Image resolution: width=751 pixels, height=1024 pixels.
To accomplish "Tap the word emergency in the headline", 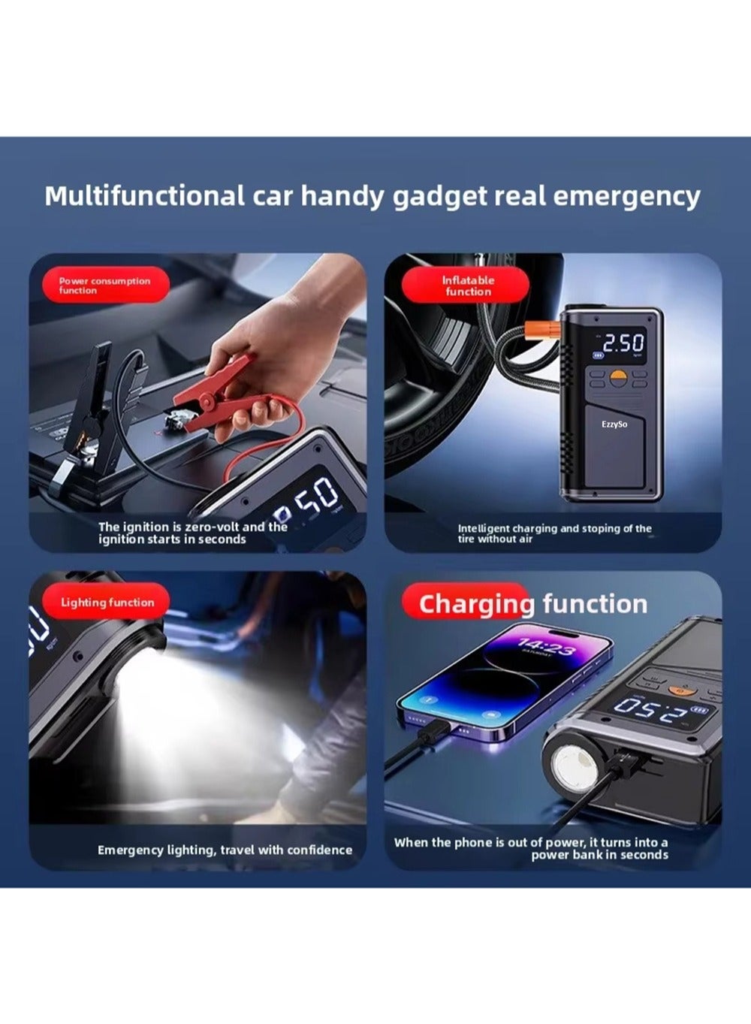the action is coord(626,198).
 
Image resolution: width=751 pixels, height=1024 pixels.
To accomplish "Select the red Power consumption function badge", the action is coord(106,285).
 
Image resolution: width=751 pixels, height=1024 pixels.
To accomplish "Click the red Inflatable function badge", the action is coord(466,285).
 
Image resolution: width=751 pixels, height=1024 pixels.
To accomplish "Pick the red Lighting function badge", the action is coord(106,602).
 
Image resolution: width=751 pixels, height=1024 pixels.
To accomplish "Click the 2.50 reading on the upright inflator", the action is coord(623,343).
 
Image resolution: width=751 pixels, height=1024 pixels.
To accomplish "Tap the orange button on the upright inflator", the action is coord(618,376).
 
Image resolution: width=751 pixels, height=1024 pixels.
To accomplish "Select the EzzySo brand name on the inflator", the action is coord(614,424).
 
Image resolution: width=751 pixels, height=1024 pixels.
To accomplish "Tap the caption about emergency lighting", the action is coord(225,850).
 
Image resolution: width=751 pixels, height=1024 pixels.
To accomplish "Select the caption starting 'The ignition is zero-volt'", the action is coord(193,533).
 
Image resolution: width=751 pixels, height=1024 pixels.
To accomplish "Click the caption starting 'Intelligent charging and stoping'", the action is coord(555,533).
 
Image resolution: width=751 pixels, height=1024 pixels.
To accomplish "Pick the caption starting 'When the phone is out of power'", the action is coord(531,848).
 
